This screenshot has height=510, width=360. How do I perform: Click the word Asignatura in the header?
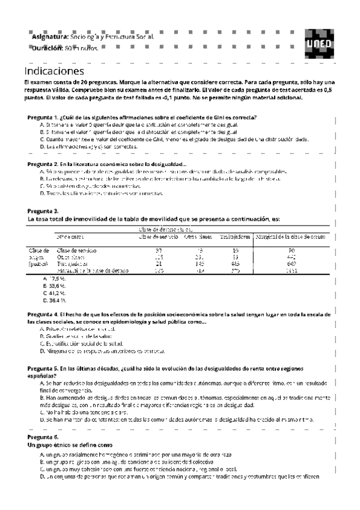50,37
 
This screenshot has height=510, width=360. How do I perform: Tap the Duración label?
47,48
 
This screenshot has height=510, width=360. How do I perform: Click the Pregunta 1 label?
43,117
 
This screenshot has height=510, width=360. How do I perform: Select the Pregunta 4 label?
43,314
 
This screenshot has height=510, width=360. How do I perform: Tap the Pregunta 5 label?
43,367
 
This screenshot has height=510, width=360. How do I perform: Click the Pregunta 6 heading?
43,436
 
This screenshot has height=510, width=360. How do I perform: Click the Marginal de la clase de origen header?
291,236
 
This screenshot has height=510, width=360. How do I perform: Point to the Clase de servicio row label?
76,250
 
